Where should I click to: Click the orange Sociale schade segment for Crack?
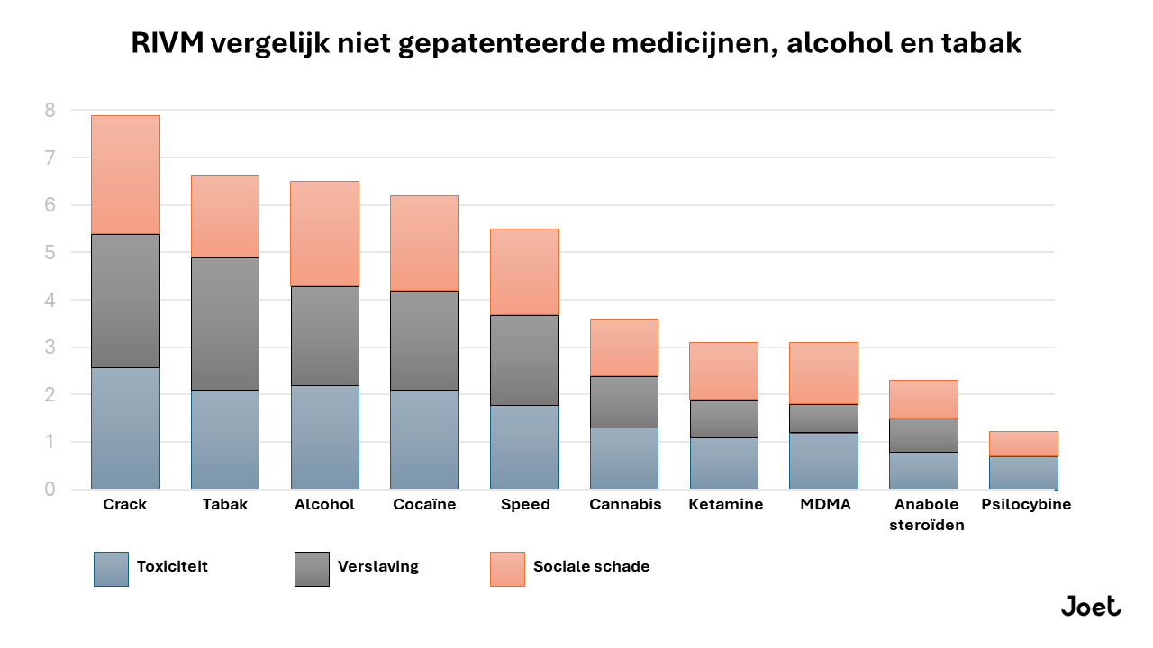pos(125,175)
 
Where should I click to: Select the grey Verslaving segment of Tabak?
pos(225,324)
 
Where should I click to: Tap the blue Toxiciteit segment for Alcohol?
pos(324,437)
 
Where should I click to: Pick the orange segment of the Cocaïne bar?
pos(424,243)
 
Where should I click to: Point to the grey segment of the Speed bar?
pos(524,360)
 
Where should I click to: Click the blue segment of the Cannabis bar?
pos(623,458)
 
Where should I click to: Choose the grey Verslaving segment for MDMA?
pos(823,418)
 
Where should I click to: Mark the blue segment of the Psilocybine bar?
pos(1022,472)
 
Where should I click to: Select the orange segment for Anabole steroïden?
pos(923,399)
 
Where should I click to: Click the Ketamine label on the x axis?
pos(725,505)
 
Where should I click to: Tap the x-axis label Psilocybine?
pos(1026,505)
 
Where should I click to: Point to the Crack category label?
pos(125,505)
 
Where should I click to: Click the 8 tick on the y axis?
pos(50,111)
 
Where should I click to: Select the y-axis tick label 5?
pos(50,253)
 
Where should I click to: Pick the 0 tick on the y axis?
pos(50,490)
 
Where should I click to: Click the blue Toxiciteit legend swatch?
pos(111,569)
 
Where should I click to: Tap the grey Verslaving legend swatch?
pos(312,569)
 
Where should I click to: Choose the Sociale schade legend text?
pos(591,567)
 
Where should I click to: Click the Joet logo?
pos(1090,607)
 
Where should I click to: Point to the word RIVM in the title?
pos(167,43)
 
